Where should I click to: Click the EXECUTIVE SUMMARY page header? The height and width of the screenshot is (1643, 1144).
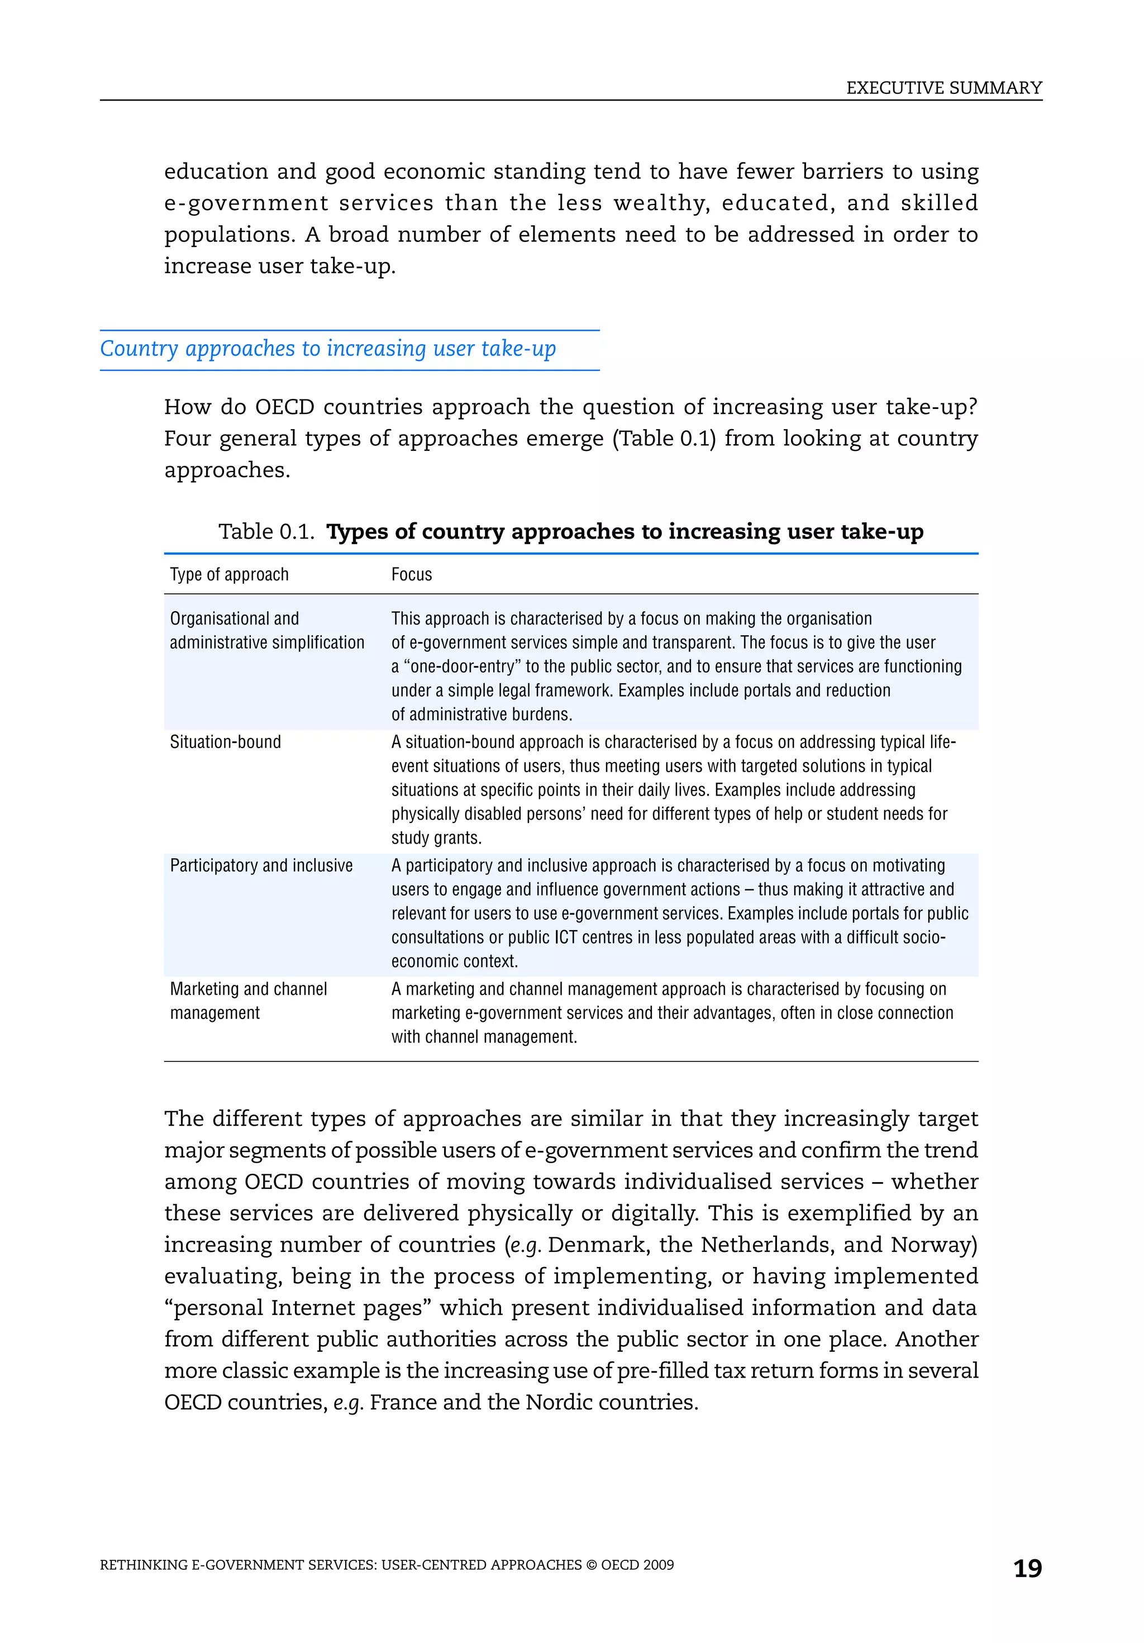(943, 88)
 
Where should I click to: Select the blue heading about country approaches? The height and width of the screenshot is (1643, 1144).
(328, 349)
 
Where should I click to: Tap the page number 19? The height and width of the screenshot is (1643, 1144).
(1027, 1568)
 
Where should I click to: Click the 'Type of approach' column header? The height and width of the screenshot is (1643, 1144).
(229, 575)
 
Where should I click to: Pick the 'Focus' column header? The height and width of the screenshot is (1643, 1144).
(411, 575)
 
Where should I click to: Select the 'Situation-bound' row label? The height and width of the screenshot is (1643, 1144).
(225, 742)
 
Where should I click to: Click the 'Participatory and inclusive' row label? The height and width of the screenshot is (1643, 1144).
(261, 866)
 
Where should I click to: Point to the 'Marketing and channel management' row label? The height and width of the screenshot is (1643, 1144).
(247, 1001)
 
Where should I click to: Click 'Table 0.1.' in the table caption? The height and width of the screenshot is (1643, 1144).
(266, 532)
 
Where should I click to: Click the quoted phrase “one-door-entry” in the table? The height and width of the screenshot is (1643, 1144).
(461, 667)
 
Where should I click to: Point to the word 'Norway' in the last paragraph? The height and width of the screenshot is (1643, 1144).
(929, 1245)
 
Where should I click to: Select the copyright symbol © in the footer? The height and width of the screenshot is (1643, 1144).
(591, 1565)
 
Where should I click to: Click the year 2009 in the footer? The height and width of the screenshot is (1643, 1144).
(658, 1565)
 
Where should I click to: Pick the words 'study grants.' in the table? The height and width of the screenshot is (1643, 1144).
(436, 838)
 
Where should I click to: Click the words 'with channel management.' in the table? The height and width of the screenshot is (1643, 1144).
(484, 1037)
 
